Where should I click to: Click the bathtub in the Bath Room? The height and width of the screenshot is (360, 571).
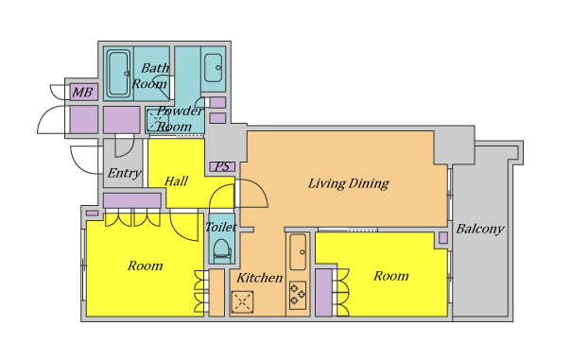point(119,74)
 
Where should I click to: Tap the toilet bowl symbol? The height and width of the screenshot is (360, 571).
point(222,250)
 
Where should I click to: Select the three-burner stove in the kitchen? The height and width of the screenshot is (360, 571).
point(298,295)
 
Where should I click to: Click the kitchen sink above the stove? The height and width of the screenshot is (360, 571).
point(298,251)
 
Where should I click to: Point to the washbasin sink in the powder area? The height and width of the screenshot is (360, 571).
point(213,68)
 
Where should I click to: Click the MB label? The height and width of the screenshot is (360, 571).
point(82,92)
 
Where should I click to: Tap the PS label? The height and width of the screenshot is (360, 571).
point(222,166)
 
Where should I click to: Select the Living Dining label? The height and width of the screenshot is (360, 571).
point(349,183)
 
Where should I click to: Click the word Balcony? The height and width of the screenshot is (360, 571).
point(480,229)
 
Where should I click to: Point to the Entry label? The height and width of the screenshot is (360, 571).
point(125,173)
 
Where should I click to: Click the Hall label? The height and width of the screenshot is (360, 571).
point(176,180)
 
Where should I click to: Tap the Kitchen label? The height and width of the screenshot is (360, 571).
point(260,278)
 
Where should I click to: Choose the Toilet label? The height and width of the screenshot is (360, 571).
point(220,227)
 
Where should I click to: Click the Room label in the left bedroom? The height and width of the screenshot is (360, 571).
point(145,266)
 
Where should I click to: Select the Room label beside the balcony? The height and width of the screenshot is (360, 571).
point(391,276)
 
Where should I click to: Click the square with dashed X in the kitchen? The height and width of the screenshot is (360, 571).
point(242,301)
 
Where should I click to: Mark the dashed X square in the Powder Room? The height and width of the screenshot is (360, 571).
point(155,120)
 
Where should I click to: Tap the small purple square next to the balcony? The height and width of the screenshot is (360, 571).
point(443,238)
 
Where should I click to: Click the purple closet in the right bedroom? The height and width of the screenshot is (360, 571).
point(323,293)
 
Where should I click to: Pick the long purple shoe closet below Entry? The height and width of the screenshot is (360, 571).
point(132,200)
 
